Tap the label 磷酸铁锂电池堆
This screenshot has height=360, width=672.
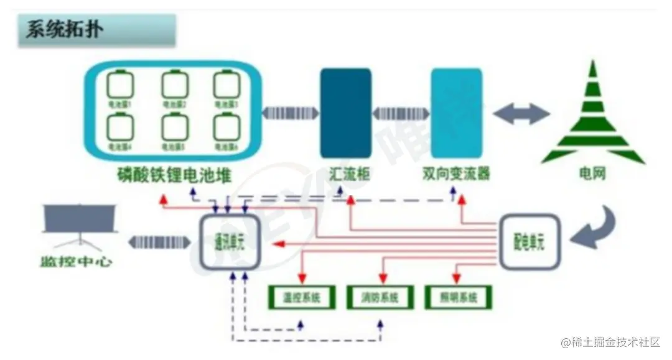pyautogui.click(x=174, y=175)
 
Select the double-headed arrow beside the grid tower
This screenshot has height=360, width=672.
pyautogui.click(x=521, y=114)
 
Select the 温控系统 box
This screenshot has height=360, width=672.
pyautogui.click(x=302, y=298)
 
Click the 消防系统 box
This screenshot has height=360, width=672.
pyautogui.click(x=380, y=298)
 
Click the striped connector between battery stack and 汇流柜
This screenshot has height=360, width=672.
pyautogui.click(x=290, y=113)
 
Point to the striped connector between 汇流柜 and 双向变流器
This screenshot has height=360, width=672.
pyautogui.click(x=401, y=113)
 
